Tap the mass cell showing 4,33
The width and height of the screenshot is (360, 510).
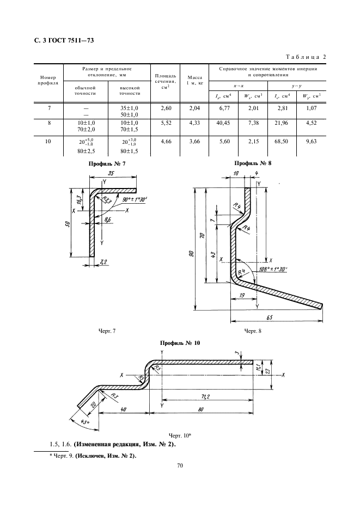tap(194, 123)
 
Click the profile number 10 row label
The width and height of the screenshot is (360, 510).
tap(49, 142)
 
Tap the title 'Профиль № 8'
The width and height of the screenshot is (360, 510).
tap(252, 163)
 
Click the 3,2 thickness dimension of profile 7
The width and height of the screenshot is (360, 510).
tap(103, 262)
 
